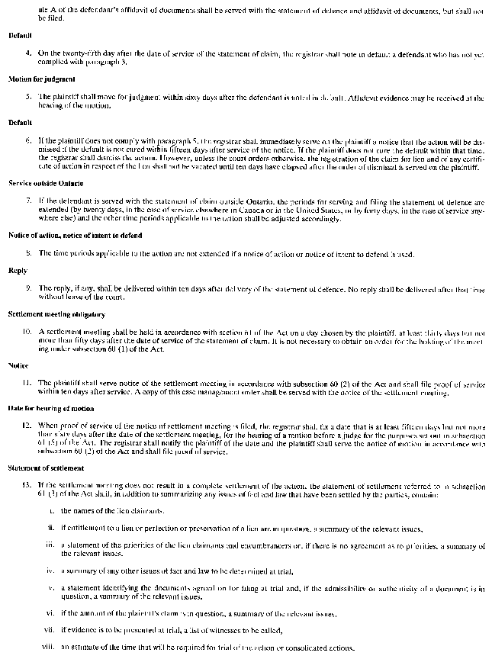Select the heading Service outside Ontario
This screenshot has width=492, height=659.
point(36,184)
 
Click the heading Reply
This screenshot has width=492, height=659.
point(18,271)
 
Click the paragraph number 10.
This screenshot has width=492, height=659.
point(26,332)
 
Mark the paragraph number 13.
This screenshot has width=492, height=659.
point(26,484)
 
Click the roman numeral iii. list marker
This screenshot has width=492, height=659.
point(50,544)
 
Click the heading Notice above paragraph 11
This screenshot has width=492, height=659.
point(18,366)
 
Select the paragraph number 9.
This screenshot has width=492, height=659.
point(28,288)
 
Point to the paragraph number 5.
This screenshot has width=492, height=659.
point(28,97)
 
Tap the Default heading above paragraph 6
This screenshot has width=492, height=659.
point(20,122)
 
